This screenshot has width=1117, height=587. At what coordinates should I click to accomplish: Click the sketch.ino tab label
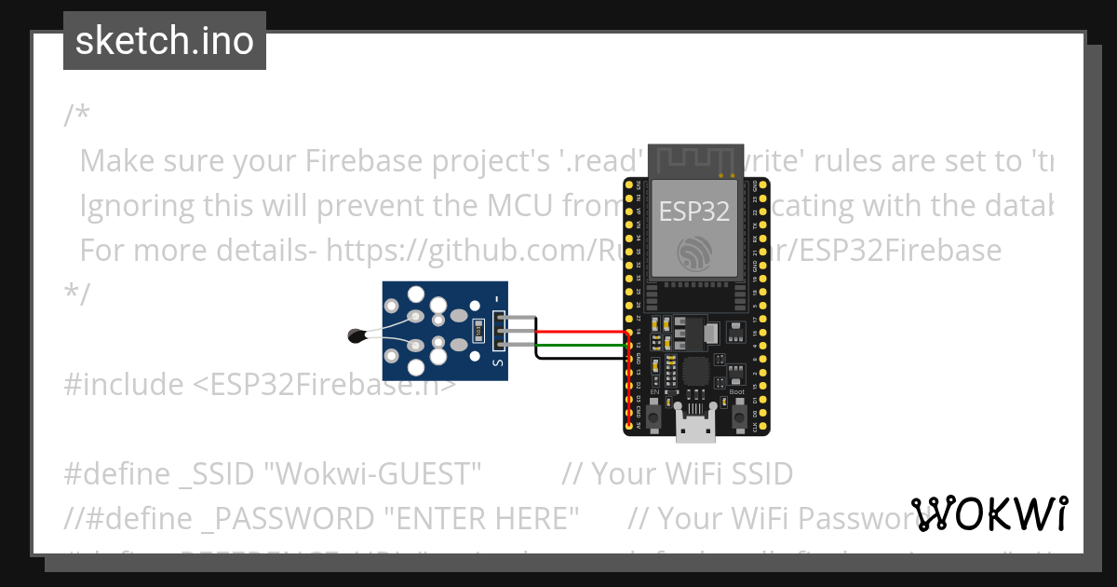click(x=164, y=41)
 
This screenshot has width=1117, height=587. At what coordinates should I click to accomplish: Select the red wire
click(x=577, y=332)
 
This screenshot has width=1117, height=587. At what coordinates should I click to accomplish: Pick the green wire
click(x=577, y=345)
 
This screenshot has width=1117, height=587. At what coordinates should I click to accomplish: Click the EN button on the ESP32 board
click(x=654, y=409)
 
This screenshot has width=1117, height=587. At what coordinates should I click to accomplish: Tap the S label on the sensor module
click(x=496, y=362)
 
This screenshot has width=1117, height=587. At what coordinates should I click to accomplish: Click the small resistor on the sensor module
click(x=478, y=328)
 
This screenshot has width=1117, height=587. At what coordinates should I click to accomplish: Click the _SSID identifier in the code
click(x=217, y=474)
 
